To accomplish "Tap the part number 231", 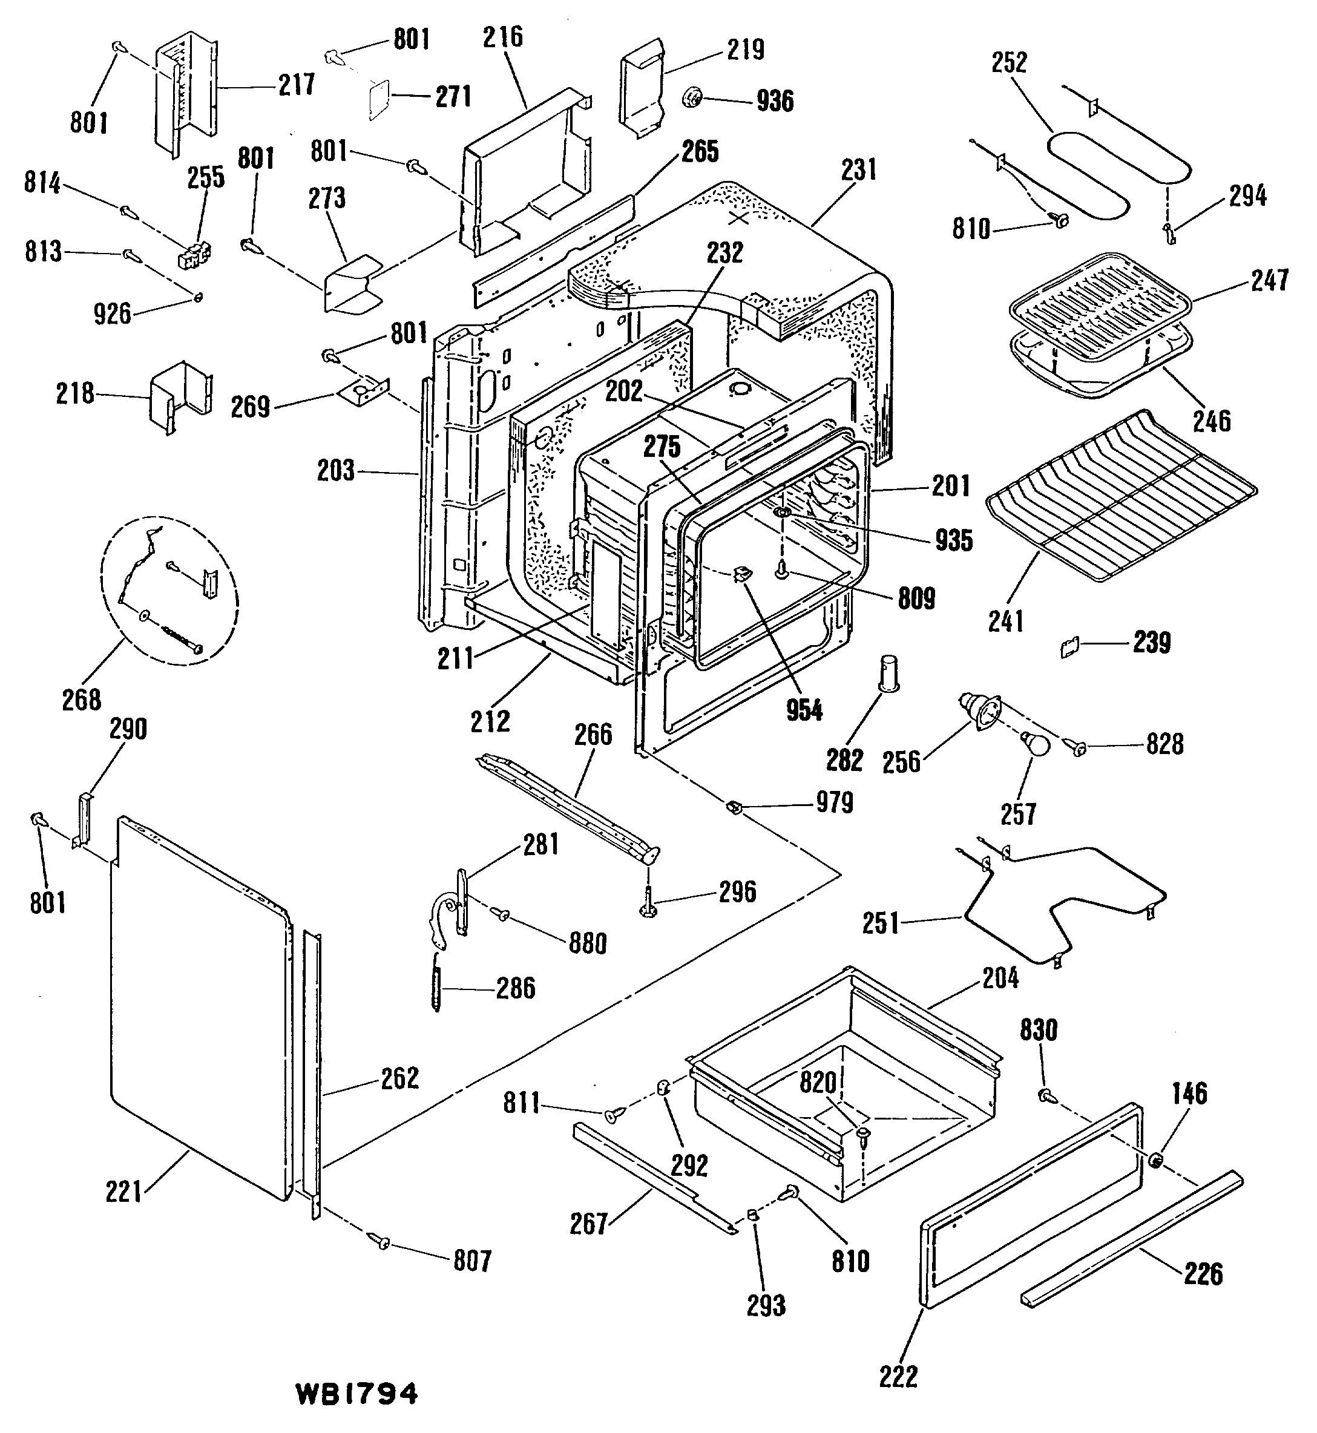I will pyautogui.click(x=858, y=169).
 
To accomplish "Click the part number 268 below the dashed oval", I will pyautogui.click(x=81, y=700).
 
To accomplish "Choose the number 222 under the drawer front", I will pyautogui.click(x=898, y=1377).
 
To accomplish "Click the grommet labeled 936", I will pyautogui.click(x=691, y=96).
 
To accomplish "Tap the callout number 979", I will pyautogui.click(x=834, y=802).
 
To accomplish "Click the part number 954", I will pyautogui.click(x=804, y=710).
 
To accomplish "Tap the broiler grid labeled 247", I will pyautogui.click(x=1100, y=293).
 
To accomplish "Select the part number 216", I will pyautogui.click(x=502, y=37).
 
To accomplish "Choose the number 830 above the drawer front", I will pyautogui.click(x=1039, y=1030).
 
